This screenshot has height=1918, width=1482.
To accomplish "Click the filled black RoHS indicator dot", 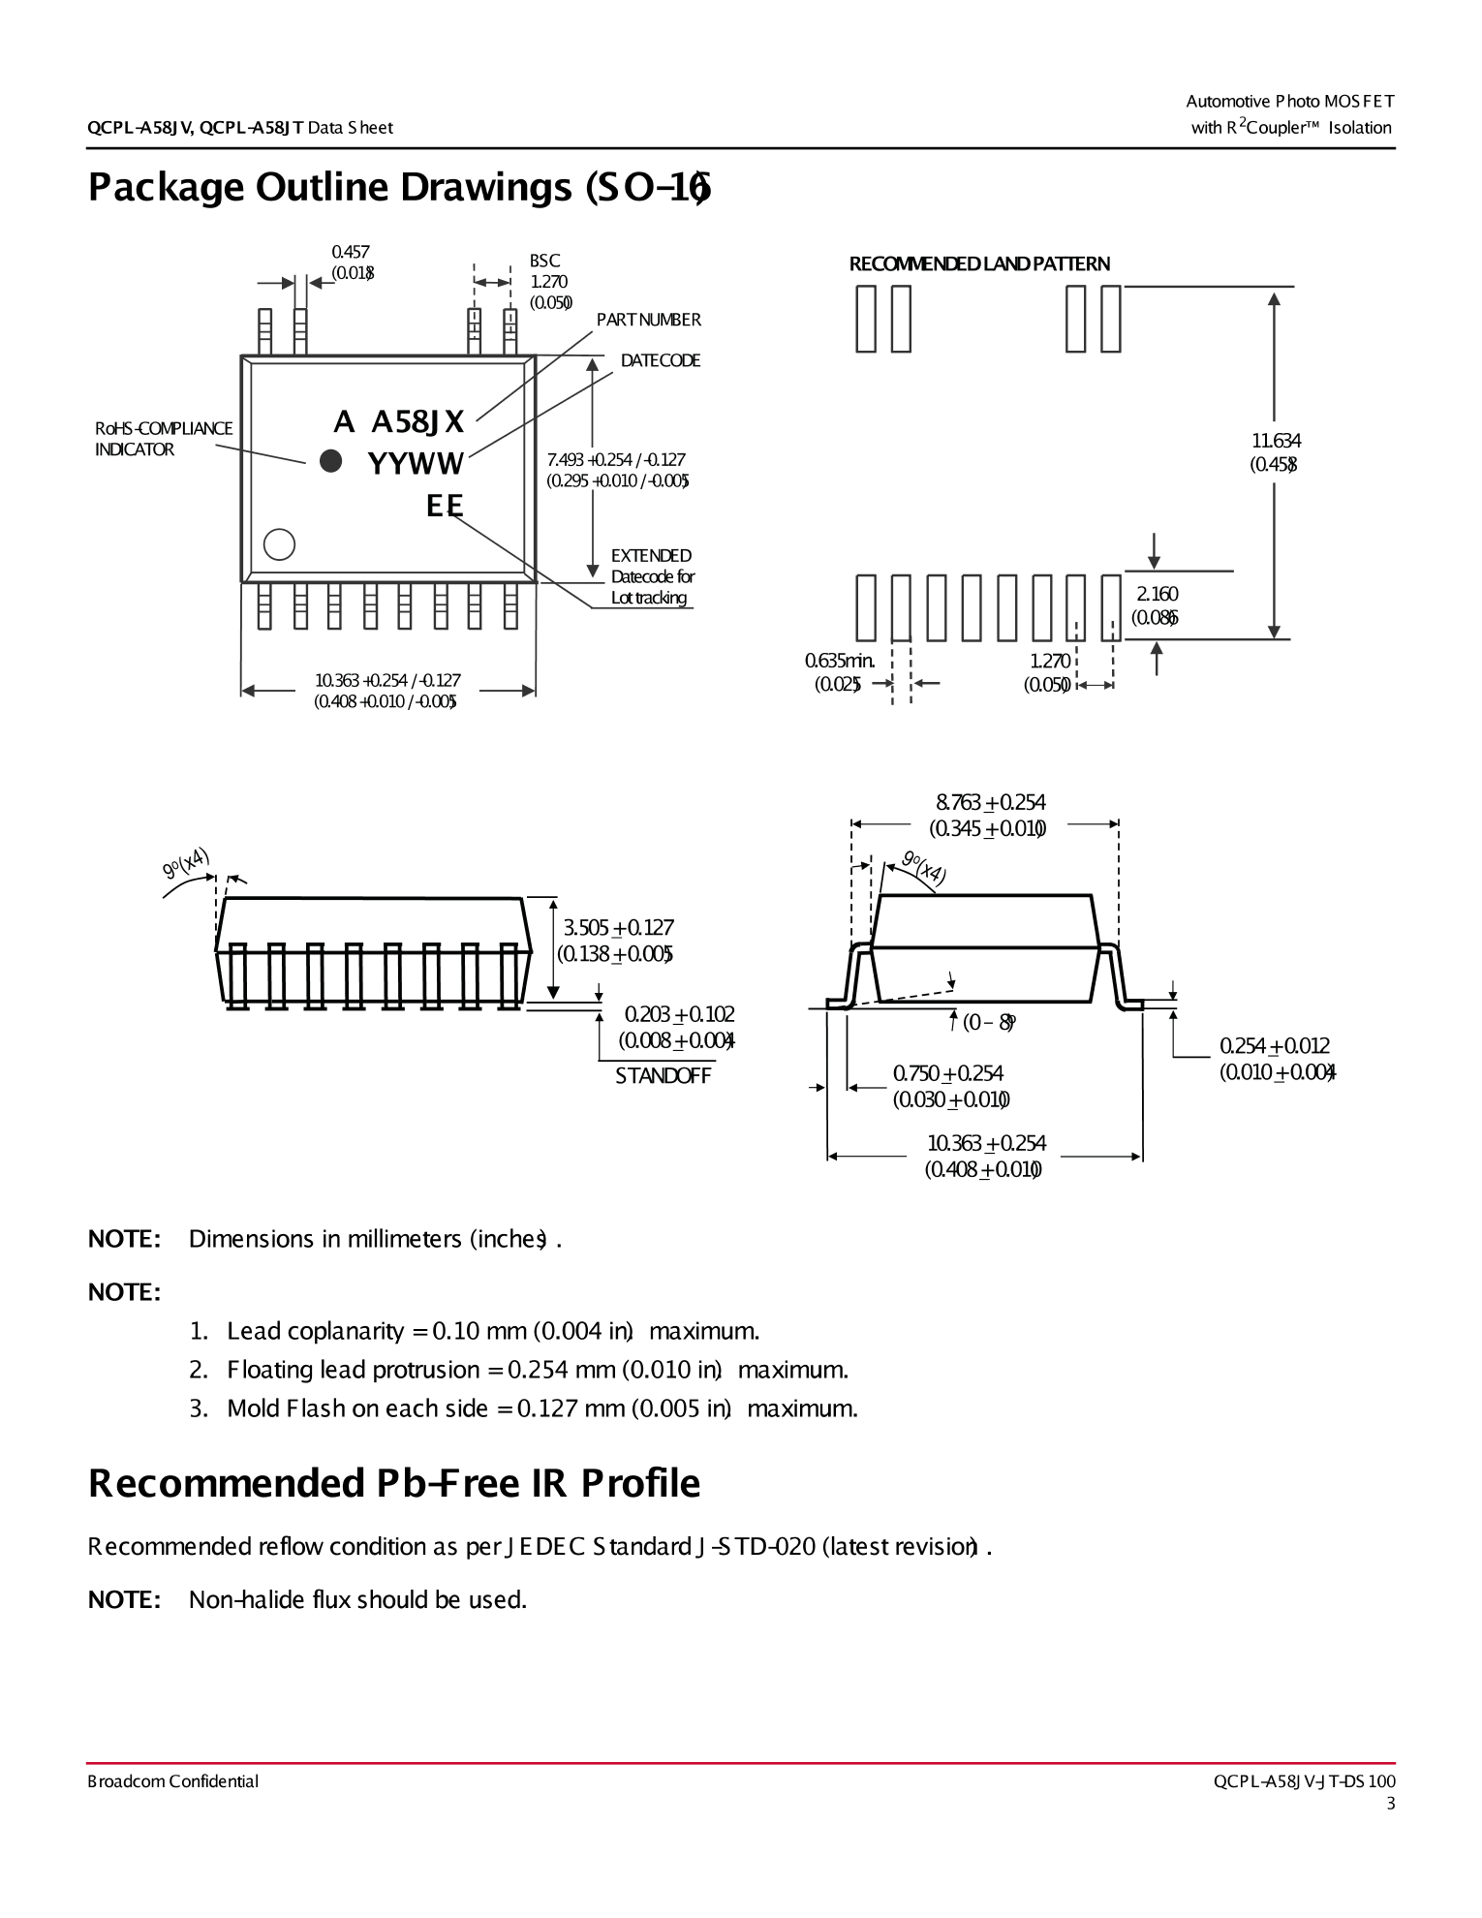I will tap(330, 461).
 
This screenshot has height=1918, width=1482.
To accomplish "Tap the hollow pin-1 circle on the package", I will tap(279, 544).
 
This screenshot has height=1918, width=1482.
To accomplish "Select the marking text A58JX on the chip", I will tap(417, 421).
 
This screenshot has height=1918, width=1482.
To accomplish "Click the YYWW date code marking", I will tap(416, 464).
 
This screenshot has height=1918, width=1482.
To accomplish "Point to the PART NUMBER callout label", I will tap(648, 320).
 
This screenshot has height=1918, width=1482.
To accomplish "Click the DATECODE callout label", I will tap(660, 360).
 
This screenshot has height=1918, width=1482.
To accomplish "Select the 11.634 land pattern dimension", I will tap(1275, 441).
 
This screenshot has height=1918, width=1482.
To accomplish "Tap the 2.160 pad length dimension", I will tap(1157, 594).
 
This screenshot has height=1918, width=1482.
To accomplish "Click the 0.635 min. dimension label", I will tap(839, 661).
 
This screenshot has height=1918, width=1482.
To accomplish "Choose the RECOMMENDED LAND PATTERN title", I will tap(978, 263).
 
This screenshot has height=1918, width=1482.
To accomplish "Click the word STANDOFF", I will tap(663, 1076).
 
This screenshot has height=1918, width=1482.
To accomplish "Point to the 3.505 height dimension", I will tap(618, 928).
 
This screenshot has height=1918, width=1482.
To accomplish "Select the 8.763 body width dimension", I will tap(990, 802).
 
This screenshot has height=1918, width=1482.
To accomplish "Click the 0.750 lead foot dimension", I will tap(947, 1073).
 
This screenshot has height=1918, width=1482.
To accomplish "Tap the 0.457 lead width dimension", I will tap(350, 252).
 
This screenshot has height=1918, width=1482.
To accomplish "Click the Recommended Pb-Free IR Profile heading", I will tap(393, 1483).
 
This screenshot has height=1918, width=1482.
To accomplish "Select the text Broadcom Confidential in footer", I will tap(172, 1781).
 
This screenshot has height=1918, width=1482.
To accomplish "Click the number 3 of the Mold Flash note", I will tap(198, 1408).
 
